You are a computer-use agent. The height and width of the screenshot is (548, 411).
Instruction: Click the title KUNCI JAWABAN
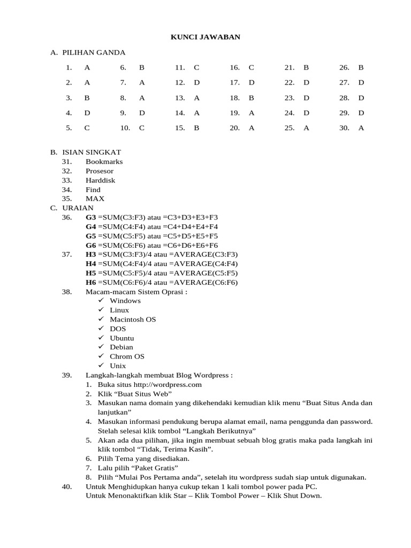(x=205, y=37)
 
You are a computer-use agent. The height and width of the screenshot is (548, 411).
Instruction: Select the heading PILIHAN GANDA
(x=94, y=52)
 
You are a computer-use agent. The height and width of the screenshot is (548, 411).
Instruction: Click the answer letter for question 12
(x=196, y=82)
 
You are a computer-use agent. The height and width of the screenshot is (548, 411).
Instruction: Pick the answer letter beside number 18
(x=251, y=98)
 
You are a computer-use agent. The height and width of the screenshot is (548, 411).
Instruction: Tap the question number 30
(x=344, y=128)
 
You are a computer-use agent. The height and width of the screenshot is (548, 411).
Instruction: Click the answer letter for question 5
(x=87, y=128)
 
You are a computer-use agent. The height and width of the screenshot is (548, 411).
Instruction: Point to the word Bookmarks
(x=104, y=162)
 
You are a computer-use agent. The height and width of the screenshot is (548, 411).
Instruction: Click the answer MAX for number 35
(x=95, y=199)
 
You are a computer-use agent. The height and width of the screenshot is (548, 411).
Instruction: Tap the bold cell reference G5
(x=90, y=236)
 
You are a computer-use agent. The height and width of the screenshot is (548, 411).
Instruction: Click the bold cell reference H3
(x=90, y=255)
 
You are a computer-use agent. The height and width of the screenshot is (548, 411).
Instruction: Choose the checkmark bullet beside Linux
(x=101, y=310)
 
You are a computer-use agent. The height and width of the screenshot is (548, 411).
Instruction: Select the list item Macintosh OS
(x=133, y=319)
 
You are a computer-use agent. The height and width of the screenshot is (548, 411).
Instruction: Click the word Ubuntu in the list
(x=121, y=338)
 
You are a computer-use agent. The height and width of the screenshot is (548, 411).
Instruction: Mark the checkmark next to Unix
(x=101, y=366)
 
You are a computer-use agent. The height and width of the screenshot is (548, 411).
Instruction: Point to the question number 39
(x=67, y=375)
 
